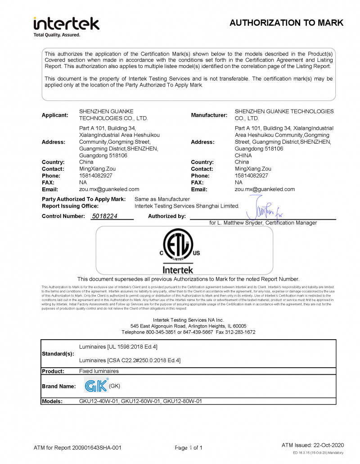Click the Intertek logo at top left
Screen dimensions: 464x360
[66, 26]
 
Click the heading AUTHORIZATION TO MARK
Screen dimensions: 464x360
[286, 23]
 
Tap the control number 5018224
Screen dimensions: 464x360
[104, 216]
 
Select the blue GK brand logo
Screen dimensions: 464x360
[96, 386]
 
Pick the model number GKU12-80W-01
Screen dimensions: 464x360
[182, 401]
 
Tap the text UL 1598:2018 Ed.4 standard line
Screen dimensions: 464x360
[118, 346]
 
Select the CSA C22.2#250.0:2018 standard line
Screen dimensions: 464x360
[130, 360]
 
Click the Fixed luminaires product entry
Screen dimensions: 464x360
[99, 371]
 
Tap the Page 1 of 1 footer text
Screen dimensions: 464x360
[189, 448]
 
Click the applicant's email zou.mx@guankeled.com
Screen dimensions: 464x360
[109, 189]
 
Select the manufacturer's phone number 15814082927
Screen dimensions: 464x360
[251, 176]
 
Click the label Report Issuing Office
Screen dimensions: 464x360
[70, 206]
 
